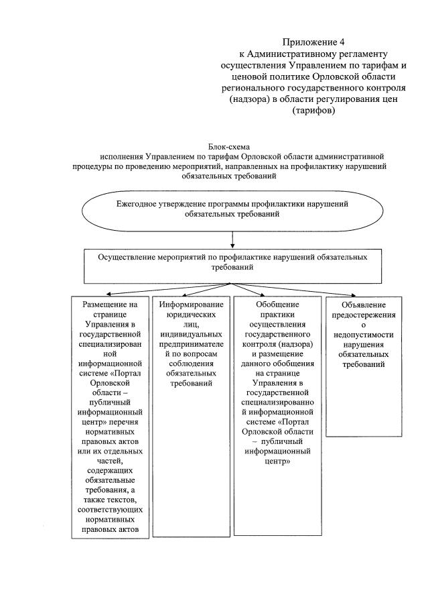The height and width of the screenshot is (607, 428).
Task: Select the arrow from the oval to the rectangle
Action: point(232,239)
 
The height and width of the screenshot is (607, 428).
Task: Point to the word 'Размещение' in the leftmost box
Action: point(110,304)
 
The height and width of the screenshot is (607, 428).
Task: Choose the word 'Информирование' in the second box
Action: point(190,304)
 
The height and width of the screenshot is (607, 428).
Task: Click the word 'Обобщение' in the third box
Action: point(277,304)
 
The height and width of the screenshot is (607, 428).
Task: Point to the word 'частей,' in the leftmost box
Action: point(110,460)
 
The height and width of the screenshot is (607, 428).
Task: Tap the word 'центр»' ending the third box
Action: point(277,461)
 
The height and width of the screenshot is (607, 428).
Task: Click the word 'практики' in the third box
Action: point(277,313)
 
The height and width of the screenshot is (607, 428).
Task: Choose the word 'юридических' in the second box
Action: point(190,313)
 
